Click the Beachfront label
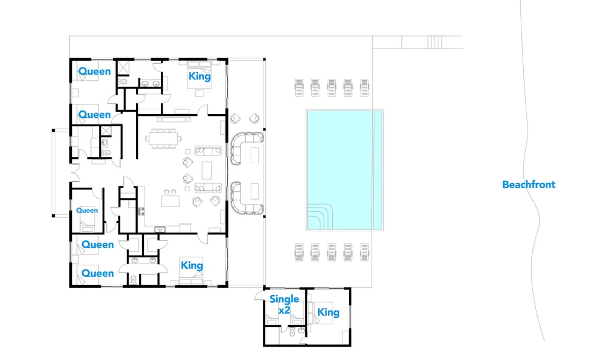(528, 185)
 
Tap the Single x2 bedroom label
(284, 304)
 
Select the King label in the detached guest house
(328, 312)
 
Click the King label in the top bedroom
(200, 76)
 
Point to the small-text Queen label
(87, 211)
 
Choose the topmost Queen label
(95, 72)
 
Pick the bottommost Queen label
(98, 273)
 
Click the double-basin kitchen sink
(160, 229)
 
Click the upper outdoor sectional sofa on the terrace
(247, 148)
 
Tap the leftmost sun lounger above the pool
(297, 87)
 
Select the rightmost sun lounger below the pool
(364, 251)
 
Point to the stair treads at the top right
(435, 42)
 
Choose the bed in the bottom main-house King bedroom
(192, 276)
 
